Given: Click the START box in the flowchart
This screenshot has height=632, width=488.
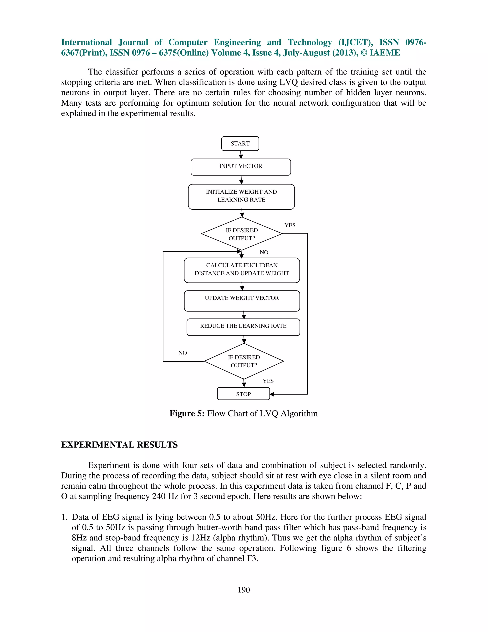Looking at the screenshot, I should (240, 144).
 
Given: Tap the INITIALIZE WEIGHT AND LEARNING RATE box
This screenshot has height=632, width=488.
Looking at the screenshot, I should (241, 197).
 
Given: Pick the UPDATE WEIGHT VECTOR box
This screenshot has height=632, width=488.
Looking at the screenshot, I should (242, 301).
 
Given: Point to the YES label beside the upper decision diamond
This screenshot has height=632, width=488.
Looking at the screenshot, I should (290, 225).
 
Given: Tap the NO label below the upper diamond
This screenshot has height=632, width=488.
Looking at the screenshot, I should (264, 252).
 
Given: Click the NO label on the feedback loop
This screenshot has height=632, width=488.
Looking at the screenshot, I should (183, 353).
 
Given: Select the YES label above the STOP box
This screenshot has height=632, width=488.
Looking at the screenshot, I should (268, 381).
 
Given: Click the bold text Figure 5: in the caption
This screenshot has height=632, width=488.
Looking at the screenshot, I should (187, 414).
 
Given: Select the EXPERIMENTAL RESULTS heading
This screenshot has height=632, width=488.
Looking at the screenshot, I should (119, 445).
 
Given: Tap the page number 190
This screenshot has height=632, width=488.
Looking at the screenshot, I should (244, 590).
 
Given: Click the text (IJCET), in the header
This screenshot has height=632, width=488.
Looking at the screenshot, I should (355, 42).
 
